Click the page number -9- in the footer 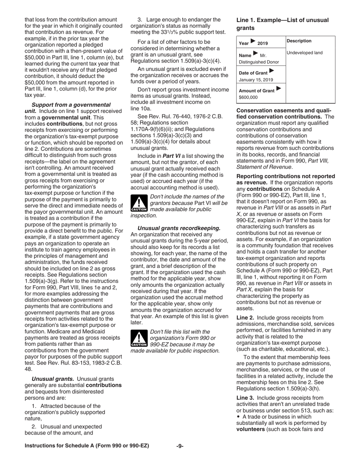point(180,446)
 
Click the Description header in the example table point(299,41)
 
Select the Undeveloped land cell point(305,53)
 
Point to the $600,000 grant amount point(249,97)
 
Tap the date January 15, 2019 point(256,80)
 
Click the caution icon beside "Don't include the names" point(139,203)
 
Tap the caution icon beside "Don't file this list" point(139,339)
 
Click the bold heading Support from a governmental point(71,105)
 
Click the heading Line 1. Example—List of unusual point(282,20)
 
